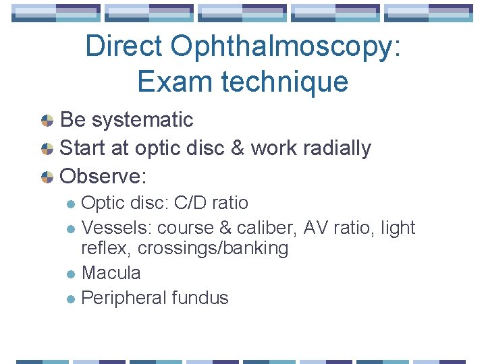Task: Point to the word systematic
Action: click(x=142, y=120)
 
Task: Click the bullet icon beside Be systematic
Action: click(x=47, y=121)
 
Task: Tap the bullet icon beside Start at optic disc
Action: click(x=47, y=149)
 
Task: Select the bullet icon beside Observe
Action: click(x=47, y=177)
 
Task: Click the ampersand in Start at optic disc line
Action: click(x=237, y=148)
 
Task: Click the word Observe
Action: click(x=103, y=177)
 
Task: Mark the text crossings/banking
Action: click(x=213, y=248)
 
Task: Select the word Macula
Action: click(x=111, y=273)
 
